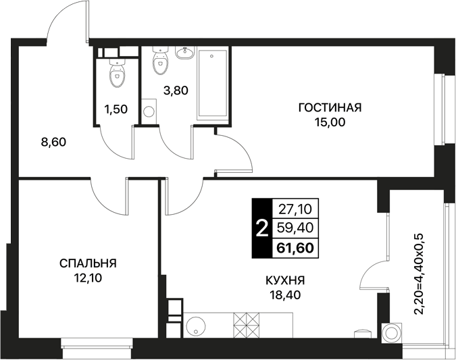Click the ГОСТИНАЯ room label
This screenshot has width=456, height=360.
[330, 107]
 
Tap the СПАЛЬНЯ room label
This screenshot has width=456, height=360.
[88, 263]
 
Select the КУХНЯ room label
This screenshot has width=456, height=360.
[285, 280]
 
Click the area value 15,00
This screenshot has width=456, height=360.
[330, 122]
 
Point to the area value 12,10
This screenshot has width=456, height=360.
[88, 278]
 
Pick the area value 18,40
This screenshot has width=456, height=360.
[285, 295]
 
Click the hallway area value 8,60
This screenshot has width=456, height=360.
[54, 143]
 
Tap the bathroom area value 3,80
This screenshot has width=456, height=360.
[176, 91]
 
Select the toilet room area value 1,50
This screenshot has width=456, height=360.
[116, 109]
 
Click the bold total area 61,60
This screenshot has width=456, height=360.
[295, 248]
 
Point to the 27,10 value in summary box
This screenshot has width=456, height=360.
[295, 209]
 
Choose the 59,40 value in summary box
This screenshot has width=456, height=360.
[295, 228]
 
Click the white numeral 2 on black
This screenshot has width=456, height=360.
[261, 228]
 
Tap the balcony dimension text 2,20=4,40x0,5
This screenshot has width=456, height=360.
[420, 274]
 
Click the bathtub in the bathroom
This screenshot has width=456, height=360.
[212, 84]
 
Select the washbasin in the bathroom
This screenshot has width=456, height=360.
[184, 53]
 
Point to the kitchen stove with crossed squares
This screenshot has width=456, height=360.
[247, 325]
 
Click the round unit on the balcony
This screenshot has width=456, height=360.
[391, 332]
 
